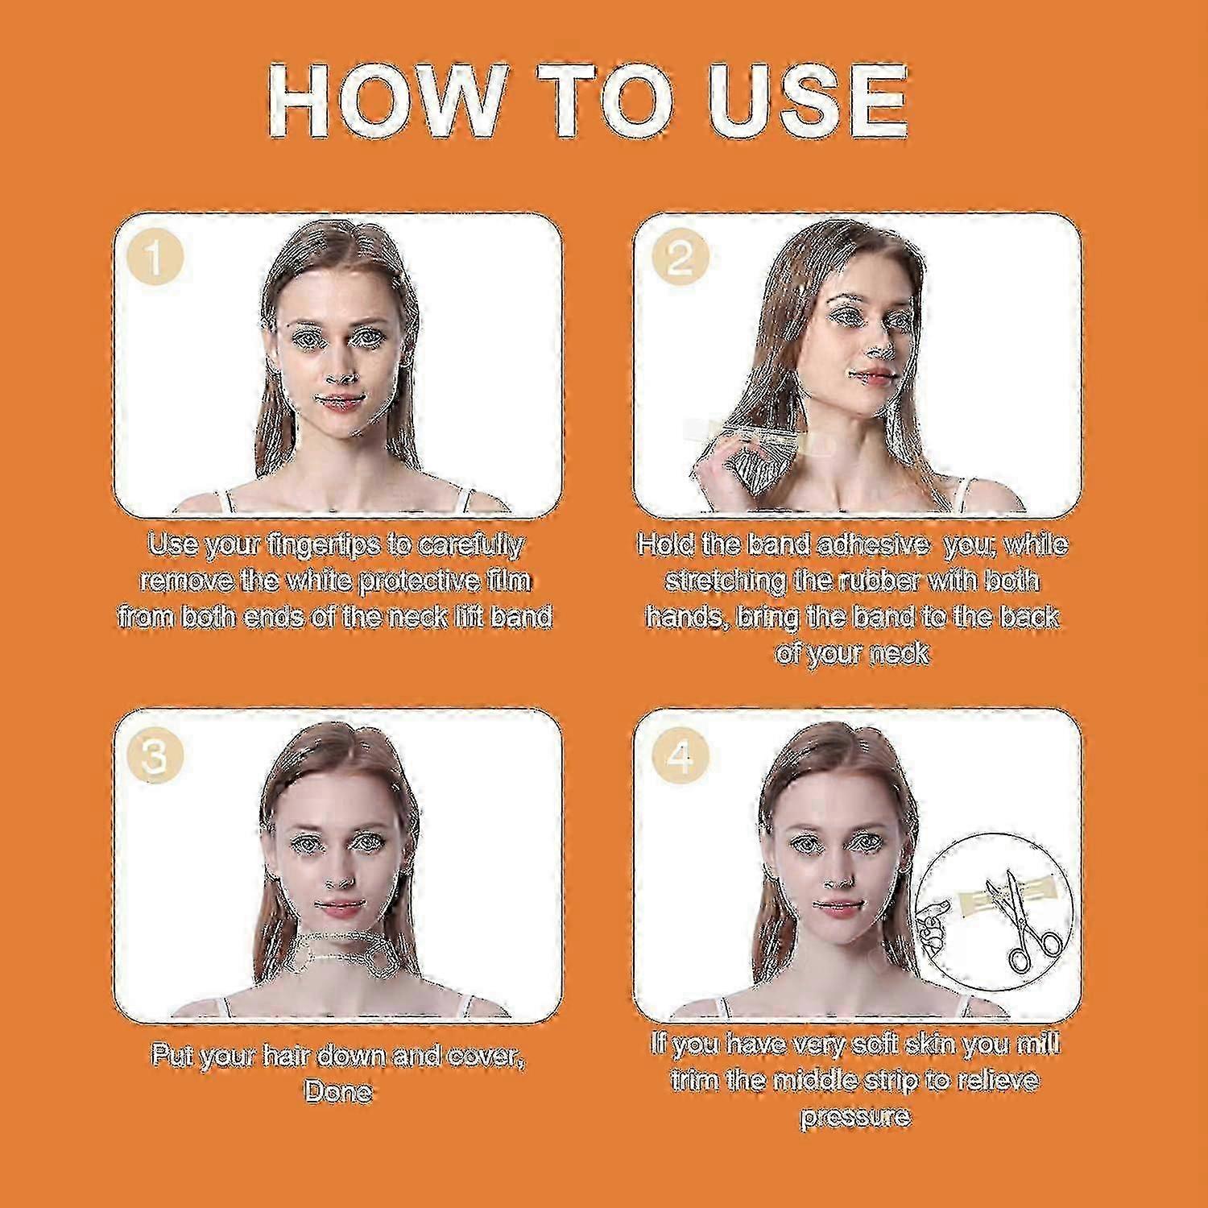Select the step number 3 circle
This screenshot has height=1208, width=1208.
click(155, 755)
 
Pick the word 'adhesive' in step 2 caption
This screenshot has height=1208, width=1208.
click(872, 545)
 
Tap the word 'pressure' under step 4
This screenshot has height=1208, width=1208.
click(854, 1116)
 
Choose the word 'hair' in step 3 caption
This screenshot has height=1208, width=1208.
click(287, 1055)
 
